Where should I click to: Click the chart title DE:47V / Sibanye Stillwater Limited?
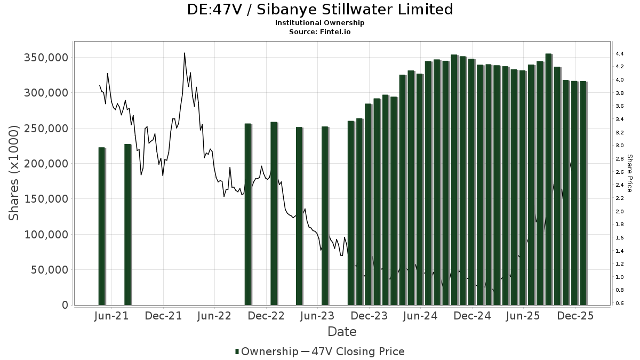pos(320,10)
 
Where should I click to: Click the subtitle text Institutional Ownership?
pos(320,23)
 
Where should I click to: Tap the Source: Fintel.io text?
pos(320,31)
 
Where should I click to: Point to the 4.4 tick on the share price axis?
pos(620,54)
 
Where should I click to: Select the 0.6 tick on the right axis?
pos(620,303)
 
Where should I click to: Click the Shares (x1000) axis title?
pos(14,173)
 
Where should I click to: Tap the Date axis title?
pos(342,332)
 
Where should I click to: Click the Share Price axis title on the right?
pos(630,173)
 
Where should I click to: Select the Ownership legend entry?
pos(267,351)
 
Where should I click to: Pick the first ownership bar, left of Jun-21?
pos(102,226)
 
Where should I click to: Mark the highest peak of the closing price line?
pos(185,53)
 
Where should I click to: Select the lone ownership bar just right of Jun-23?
pos(325,215)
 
